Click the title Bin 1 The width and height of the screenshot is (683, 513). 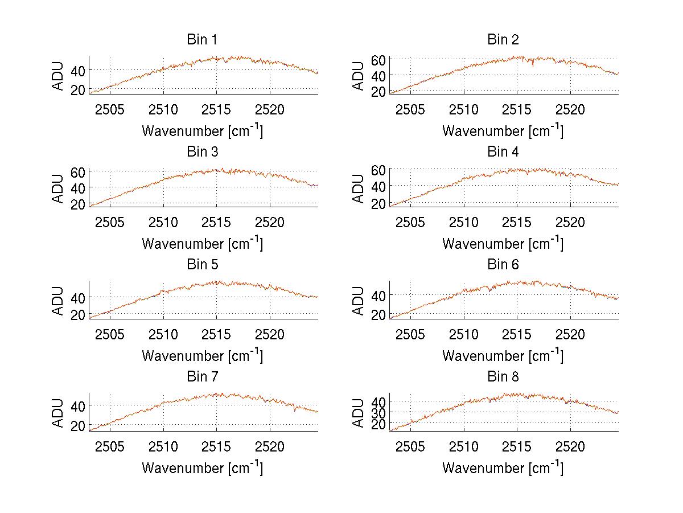tap(201, 40)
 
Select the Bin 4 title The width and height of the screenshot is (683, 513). tap(503, 152)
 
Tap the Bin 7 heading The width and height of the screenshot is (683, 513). tap(201, 377)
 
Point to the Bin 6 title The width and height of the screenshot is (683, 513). tap(503, 265)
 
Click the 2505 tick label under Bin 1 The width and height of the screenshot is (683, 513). tap(110, 109)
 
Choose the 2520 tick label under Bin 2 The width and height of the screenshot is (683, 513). tap(570, 109)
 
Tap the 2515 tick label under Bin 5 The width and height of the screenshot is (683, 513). tap(217, 334)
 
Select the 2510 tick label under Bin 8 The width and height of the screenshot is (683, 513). tap(464, 446)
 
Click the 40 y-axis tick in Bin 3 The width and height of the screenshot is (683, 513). tap(79, 188)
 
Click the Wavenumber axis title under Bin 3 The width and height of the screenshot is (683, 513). tap(202, 243)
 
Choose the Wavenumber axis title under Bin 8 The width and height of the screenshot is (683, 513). tap(503, 467)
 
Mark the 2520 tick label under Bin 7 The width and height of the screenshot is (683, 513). tap(270, 446)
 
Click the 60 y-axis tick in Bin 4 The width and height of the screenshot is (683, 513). tap(379, 170)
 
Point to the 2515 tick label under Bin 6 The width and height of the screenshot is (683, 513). tap(517, 334)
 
